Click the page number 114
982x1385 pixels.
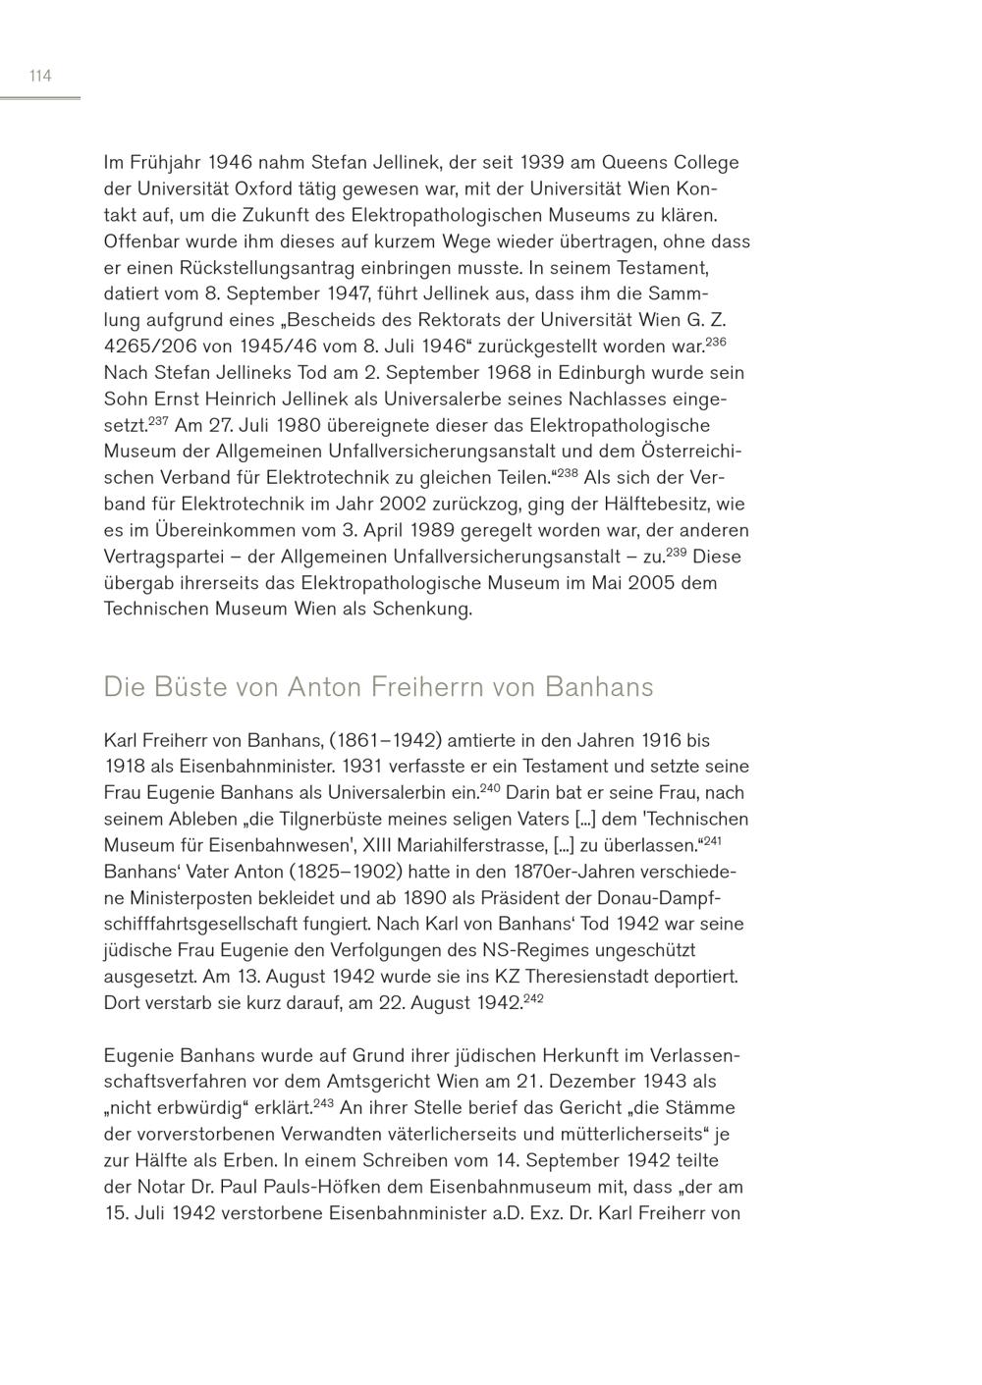[x=40, y=76]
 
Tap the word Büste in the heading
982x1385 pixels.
[x=183, y=686]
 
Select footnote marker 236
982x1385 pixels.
[x=715, y=341]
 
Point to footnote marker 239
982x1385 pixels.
[x=676, y=552]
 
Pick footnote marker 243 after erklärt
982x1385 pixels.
[x=324, y=1103]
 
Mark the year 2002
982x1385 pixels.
[x=399, y=504]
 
